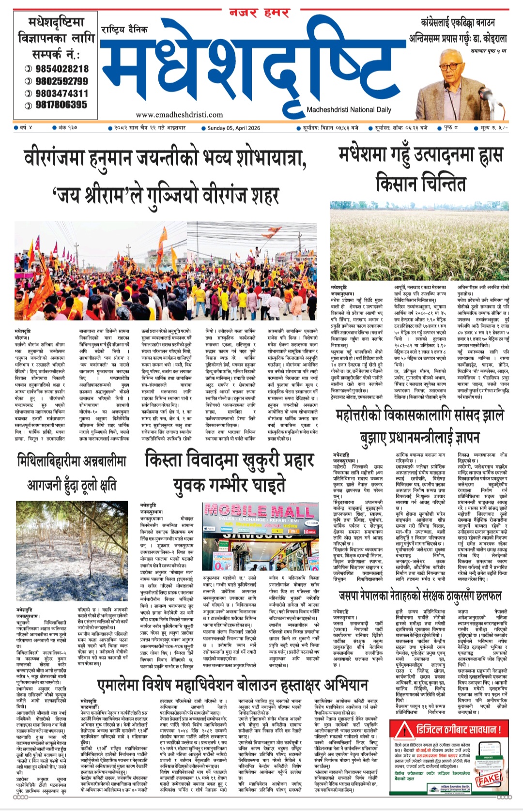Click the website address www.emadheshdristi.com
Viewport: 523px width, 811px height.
tap(179, 115)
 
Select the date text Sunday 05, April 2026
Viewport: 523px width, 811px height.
tap(234, 128)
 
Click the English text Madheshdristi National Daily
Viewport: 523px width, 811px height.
tap(349, 110)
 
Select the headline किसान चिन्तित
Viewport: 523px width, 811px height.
tap(420, 184)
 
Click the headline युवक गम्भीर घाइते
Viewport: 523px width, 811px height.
tap(229, 485)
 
